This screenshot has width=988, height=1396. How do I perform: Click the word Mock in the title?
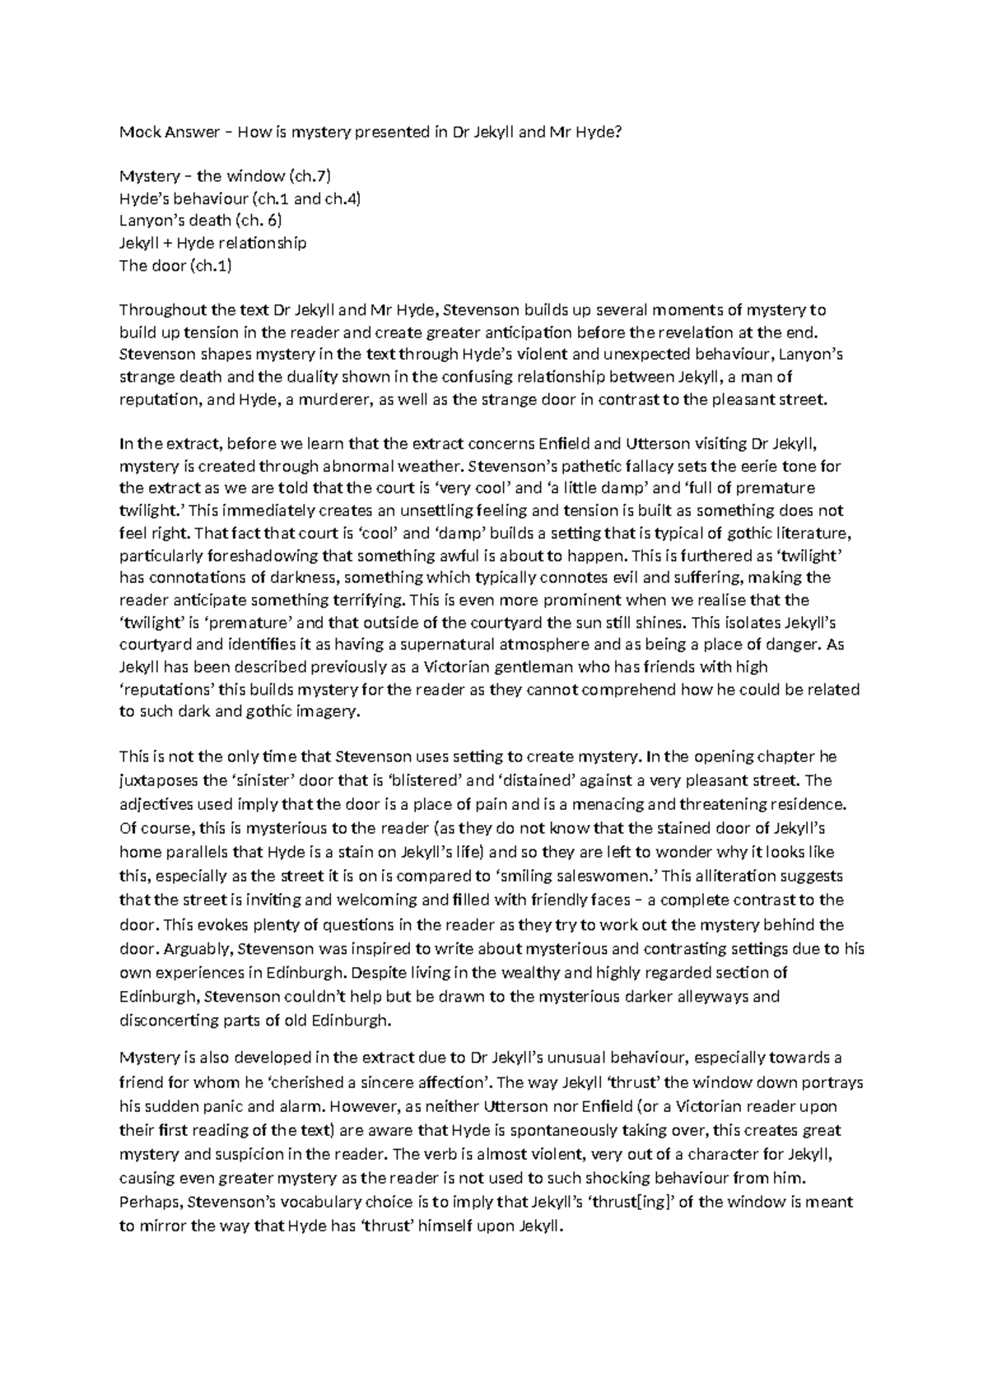tap(137, 131)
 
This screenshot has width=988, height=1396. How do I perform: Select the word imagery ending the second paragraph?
tap(329, 712)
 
